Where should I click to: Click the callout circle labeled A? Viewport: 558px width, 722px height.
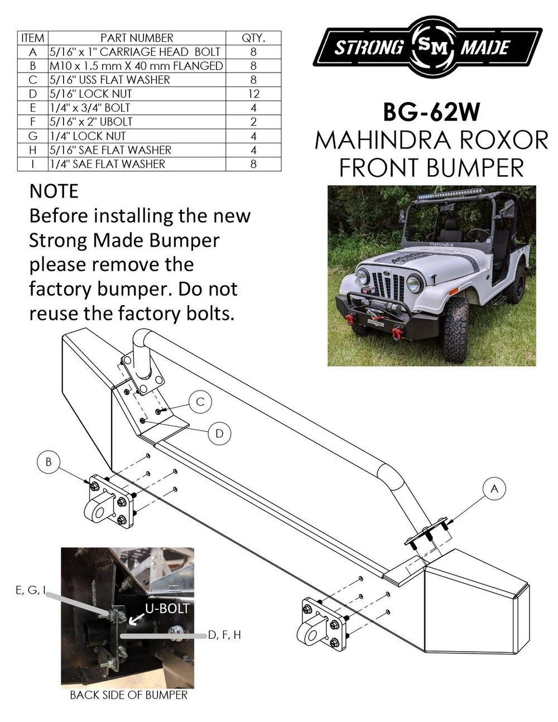click(x=493, y=489)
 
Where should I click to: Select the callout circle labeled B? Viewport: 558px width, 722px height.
click(x=49, y=463)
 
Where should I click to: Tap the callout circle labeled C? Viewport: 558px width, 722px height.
click(x=200, y=402)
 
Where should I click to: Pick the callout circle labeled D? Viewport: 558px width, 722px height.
click(x=219, y=434)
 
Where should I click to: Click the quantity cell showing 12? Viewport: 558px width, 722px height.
click(x=253, y=94)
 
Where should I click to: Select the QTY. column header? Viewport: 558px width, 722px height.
click(x=253, y=38)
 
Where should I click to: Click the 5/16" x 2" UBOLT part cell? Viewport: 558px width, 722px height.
click(x=91, y=122)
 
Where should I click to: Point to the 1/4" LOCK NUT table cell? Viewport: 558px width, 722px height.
click(x=88, y=136)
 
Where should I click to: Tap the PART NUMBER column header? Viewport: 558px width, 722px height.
click(x=137, y=38)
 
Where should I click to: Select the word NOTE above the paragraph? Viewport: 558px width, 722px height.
click(x=54, y=191)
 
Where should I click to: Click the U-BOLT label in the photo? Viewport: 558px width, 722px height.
click(x=167, y=608)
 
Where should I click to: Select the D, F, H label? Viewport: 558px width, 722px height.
click(x=224, y=635)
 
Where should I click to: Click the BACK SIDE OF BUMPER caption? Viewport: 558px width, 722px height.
click(x=128, y=695)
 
